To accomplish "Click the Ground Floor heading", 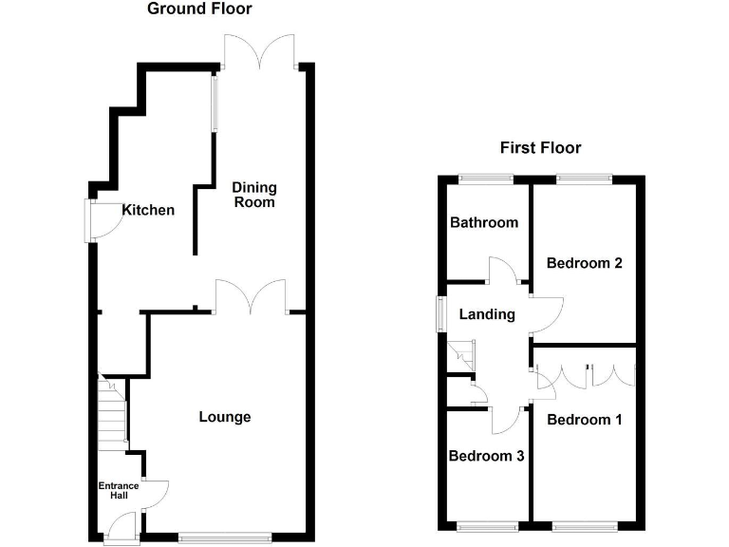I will click(199, 9).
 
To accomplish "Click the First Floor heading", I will click(540, 147).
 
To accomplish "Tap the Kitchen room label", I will click(148, 210).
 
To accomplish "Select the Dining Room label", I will click(253, 195).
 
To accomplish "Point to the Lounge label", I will click(225, 417).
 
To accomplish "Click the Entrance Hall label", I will click(120, 492).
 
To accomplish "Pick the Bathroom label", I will click(484, 223).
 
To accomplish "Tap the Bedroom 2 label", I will click(584, 263).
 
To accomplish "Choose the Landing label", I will click(486, 314).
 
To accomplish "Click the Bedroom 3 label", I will click(486, 456).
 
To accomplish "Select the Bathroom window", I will click(486, 178).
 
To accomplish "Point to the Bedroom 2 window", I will click(584, 178).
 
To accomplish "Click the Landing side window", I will click(440, 314).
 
